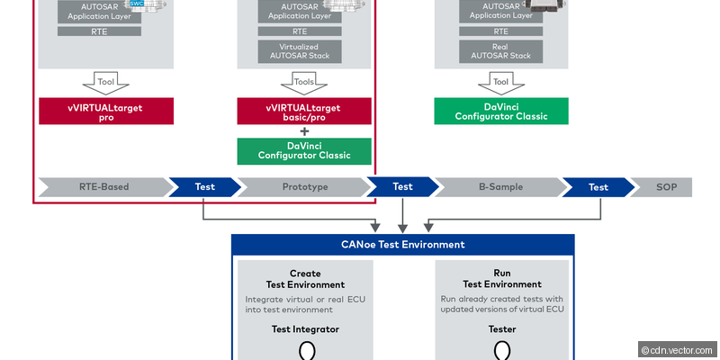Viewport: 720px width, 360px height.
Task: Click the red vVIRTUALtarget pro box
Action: [x=105, y=112]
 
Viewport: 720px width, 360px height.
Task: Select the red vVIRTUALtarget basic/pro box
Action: [x=304, y=112]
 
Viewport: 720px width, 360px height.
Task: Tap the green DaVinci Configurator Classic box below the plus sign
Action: [x=304, y=151]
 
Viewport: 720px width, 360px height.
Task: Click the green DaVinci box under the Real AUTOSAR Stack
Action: [x=501, y=112]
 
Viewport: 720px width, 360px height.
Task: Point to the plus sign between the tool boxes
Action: [x=304, y=131]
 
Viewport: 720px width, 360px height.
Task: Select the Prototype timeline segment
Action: [x=304, y=187]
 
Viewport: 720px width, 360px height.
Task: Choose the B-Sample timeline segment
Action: [x=500, y=187]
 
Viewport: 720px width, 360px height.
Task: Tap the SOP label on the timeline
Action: [x=661, y=187]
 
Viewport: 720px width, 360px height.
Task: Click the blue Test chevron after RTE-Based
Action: [x=205, y=187]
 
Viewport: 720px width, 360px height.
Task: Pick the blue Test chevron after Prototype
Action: [x=402, y=187]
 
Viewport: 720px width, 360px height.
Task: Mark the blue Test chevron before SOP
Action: [x=598, y=187]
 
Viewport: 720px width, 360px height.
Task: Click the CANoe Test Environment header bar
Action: [x=402, y=245]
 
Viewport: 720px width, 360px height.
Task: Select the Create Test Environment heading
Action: [x=305, y=279]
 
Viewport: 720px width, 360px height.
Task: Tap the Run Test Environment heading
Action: [x=502, y=279]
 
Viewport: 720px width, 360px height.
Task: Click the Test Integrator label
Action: [x=305, y=329]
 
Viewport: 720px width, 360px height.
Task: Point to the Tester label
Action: [x=502, y=329]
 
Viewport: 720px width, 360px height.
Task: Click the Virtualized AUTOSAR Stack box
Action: [x=304, y=50]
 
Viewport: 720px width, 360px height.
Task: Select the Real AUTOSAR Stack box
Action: [x=501, y=50]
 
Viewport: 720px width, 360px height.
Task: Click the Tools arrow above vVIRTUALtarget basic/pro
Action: [x=304, y=82]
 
